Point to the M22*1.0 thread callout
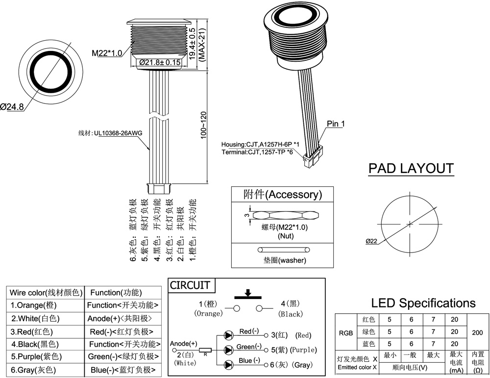[x=106, y=53]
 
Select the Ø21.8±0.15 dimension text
[x=160, y=63]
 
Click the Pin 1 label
[x=336, y=124]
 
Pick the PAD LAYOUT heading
[x=411, y=169]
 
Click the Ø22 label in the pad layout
[x=371, y=241]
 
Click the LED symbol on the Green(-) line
[x=228, y=350]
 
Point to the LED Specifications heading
[x=423, y=303]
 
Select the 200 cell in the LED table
[x=477, y=332]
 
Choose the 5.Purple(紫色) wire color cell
[x=37, y=356]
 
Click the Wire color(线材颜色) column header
[x=45, y=293]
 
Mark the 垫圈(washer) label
[x=281, y=260]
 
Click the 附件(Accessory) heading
[x=283, y=194]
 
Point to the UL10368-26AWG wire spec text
[x=117, y=133]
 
